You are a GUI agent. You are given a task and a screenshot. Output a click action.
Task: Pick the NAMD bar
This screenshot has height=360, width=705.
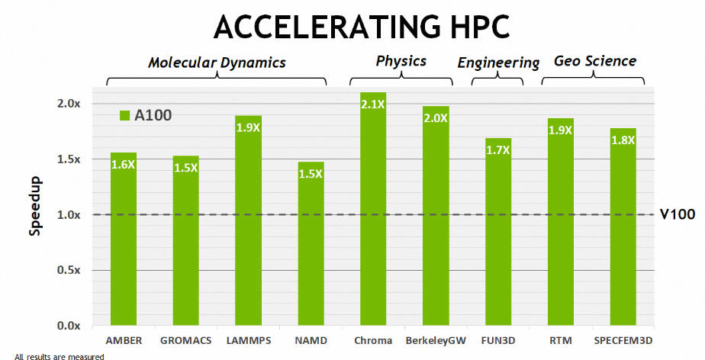[x=311, y=243]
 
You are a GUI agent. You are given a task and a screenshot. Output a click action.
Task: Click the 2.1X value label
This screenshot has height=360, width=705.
[x=373, y=104]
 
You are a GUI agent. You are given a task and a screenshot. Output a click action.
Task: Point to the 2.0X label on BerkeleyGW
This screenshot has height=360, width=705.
[x=436, y=118]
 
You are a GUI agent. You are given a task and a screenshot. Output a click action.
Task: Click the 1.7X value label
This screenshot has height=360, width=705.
[x=498, y=150]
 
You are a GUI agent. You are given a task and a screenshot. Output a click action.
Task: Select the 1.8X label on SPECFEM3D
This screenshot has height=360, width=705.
[x=623, y=140]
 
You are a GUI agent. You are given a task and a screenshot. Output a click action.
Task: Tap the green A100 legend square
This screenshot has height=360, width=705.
[x=125, y=115]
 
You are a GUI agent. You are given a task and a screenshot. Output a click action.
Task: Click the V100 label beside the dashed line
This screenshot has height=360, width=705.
[x=678, y=214]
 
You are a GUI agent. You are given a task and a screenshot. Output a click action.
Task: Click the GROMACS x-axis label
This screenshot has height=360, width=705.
[x=185, y=340]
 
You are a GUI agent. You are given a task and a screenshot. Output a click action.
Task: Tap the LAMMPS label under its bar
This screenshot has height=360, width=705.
[x=248, y=340]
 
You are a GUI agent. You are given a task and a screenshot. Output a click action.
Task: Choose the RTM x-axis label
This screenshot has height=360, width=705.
[x=561, y=340]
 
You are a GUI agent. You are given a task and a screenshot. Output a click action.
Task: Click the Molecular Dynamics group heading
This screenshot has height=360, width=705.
[x=217, y=63]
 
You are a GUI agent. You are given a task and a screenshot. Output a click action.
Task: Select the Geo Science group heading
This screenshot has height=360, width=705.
[x=595, y=61]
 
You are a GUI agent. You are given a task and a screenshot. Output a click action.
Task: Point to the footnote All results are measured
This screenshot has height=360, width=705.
[x=59, y=355]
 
